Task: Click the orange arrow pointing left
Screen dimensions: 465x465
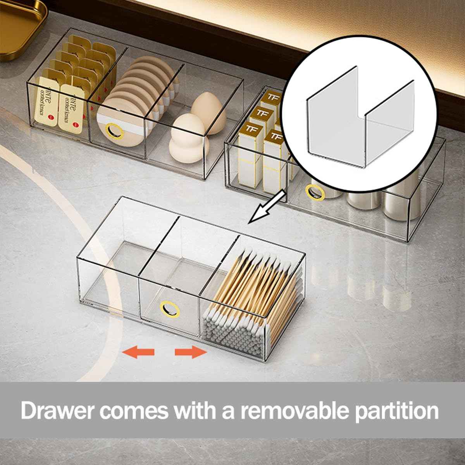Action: pyautogui.click(x=138, y=352)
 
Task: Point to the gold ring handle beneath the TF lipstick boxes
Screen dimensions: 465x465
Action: pyautogui.click(x=315, y=193)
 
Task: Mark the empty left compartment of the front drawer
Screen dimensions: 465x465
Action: pyautogui.click(x=112, y=271)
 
